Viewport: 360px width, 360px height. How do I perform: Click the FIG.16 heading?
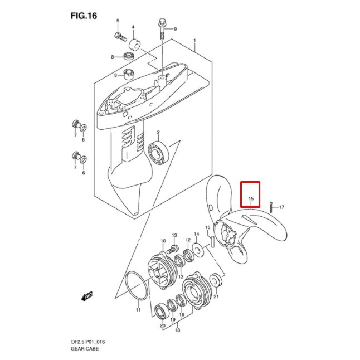(84, 16)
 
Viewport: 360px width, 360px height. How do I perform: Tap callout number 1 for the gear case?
(194, 41)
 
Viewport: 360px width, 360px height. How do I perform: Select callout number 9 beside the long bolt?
(175, 28)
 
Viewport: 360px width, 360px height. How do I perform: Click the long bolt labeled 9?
(161, 28)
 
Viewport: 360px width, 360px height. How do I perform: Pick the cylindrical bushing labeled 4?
(134, 44)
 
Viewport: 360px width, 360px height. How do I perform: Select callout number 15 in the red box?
(251, 199)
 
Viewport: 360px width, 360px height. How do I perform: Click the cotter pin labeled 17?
(270, 206)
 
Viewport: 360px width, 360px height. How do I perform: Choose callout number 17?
(281, 207)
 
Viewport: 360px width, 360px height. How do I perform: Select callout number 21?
(216, 296)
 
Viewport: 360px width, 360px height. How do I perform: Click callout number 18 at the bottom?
(177, 330)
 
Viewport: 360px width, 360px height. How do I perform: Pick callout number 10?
(163, 241)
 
